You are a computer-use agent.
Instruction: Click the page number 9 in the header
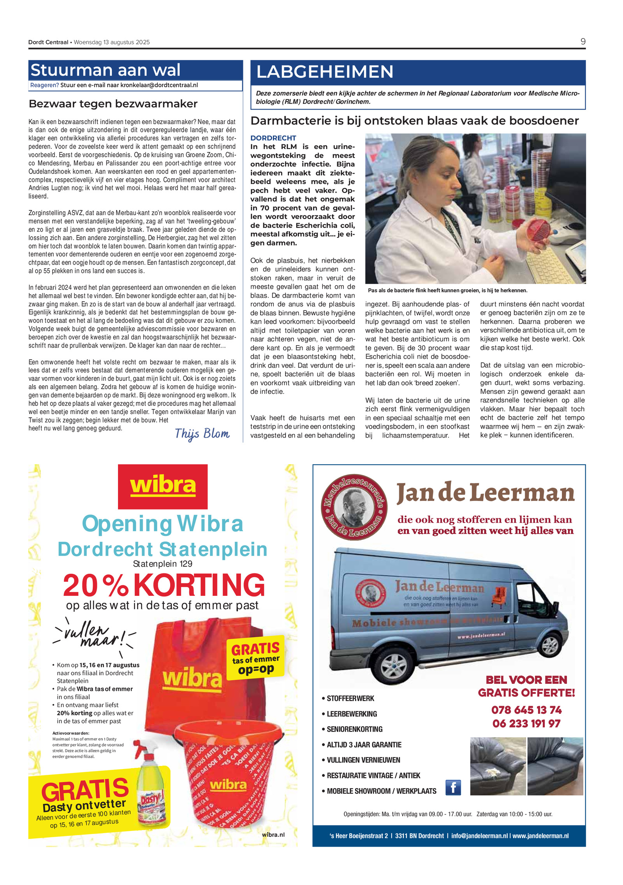583,42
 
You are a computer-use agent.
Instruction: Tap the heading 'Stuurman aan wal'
106,70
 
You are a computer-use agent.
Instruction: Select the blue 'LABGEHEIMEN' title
325,72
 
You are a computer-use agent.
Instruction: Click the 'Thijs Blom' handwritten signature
202,434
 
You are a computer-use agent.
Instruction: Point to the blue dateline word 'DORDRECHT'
273,138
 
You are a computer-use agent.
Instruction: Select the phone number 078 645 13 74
526,710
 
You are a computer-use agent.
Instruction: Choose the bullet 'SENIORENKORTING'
354,729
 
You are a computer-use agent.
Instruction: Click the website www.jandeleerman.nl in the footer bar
540,836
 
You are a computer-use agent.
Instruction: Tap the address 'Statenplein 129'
162,564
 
